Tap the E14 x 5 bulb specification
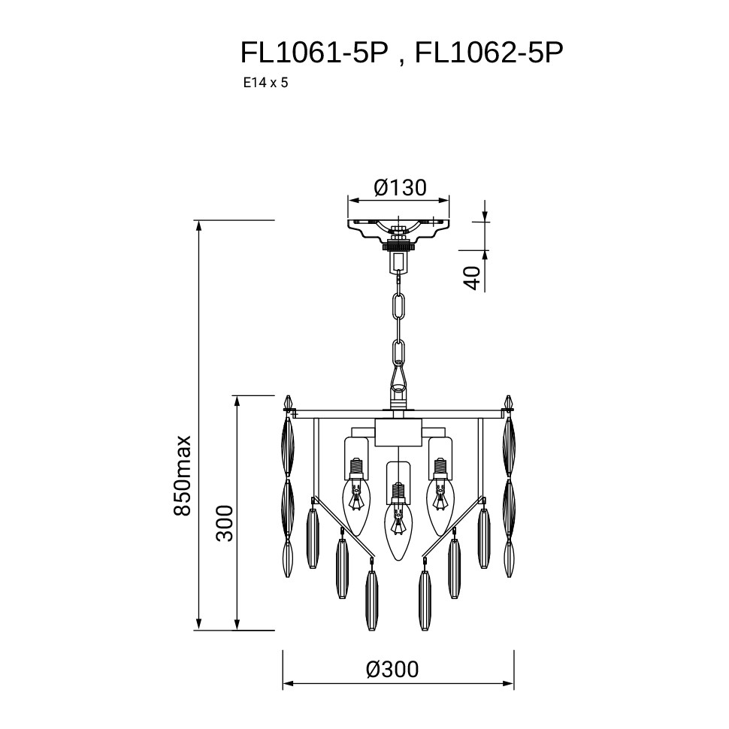click(x=265, y=83)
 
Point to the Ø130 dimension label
click(x=400, y=188)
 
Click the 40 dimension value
click(x=472, y=278)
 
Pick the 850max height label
click(x=182, y=475)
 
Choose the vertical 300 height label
click(x=225, y=522)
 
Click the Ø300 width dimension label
click(x=392, y=670)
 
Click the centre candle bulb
click(x=397, y=521)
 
